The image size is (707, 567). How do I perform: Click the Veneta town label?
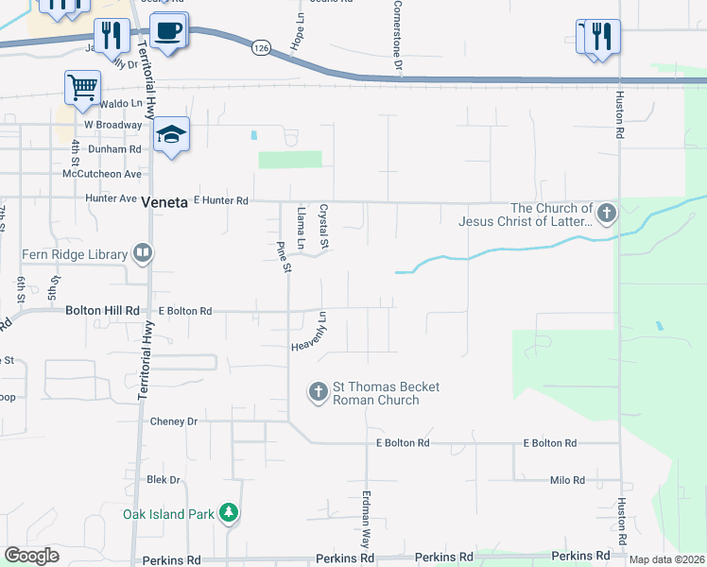(x=165, y=201)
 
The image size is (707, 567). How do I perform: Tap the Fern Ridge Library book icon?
(x=142, y=252)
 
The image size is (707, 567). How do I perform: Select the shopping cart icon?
(x=82, y=88)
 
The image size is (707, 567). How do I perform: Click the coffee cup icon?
(x=168, y=31)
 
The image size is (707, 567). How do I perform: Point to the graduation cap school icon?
(x=171, y=135)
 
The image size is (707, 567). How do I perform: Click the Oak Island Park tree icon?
(x=228, y=513)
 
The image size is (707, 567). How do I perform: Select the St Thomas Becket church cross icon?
(x=318, y=389)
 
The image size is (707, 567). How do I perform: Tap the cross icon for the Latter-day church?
(x=606, y=214)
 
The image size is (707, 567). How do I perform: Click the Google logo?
(x=31, y=556)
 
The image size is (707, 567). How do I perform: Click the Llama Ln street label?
(x=302, y=229)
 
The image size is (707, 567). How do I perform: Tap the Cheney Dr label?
(x=173, y=421)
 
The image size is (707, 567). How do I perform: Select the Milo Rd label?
(x=567, y=480)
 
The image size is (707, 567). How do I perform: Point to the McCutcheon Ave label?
(x=101, y=174)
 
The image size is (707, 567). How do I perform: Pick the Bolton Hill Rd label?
(x=102, y=310)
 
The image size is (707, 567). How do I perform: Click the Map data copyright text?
(x=666, y=559)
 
